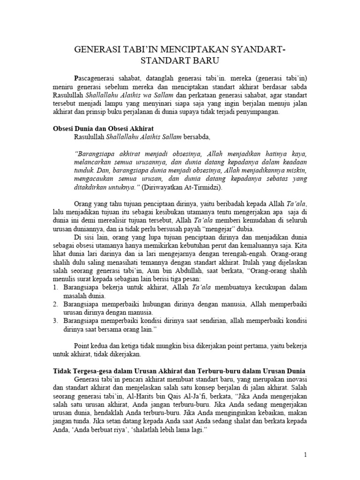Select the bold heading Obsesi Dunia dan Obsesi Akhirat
pos(103,128)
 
